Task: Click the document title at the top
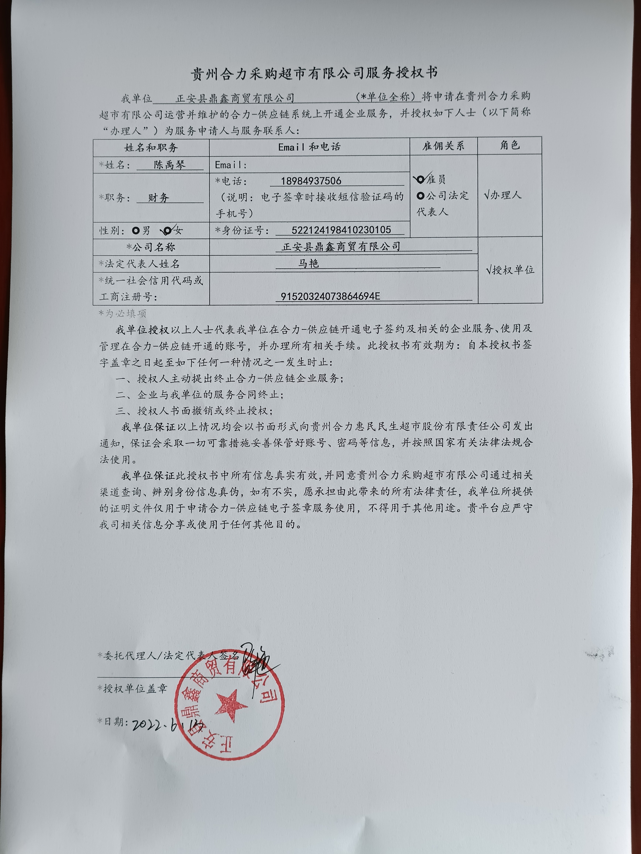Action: coord(315,73)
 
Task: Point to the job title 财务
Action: coord(159,198)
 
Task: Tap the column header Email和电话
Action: coord(309,147)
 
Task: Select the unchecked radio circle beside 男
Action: coord(136,231)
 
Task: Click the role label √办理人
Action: coord(503,195)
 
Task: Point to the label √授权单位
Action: coord(510,270)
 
